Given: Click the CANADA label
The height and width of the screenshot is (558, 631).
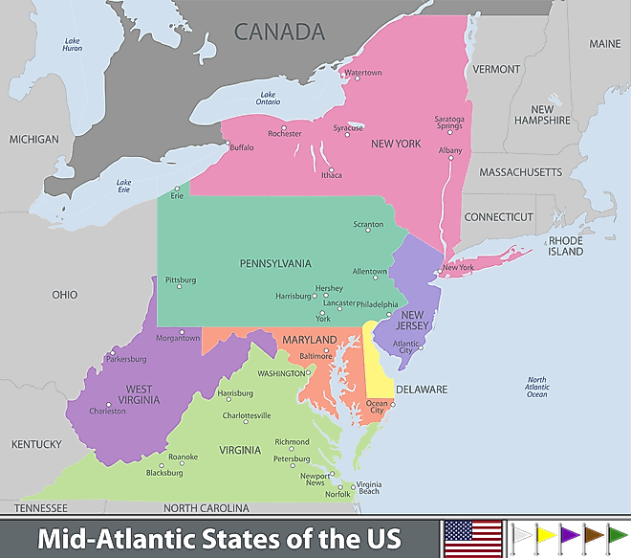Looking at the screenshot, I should tap(279, 32).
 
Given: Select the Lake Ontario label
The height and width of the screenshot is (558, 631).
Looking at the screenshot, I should tap(268, 98).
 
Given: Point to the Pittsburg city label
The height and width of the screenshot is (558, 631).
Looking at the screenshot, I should tap(180, 280).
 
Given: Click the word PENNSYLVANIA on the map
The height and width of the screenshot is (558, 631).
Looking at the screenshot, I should tap(275, 262).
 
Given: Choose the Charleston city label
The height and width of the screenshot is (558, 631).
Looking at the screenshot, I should tap(107, 411).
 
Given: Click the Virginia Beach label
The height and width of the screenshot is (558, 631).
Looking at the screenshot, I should tap(368, 487).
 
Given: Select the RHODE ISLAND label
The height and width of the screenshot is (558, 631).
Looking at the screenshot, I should tap(565, 246).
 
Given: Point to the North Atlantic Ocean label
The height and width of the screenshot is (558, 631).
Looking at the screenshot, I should tap(537, 387).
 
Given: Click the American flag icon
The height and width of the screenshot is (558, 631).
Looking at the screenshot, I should tap(472, 536).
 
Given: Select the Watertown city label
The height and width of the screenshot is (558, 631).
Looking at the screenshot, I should tap(362, 73).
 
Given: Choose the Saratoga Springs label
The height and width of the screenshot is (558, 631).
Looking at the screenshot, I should tap(448, 123).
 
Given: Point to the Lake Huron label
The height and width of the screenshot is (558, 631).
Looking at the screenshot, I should tap(73, 44).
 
